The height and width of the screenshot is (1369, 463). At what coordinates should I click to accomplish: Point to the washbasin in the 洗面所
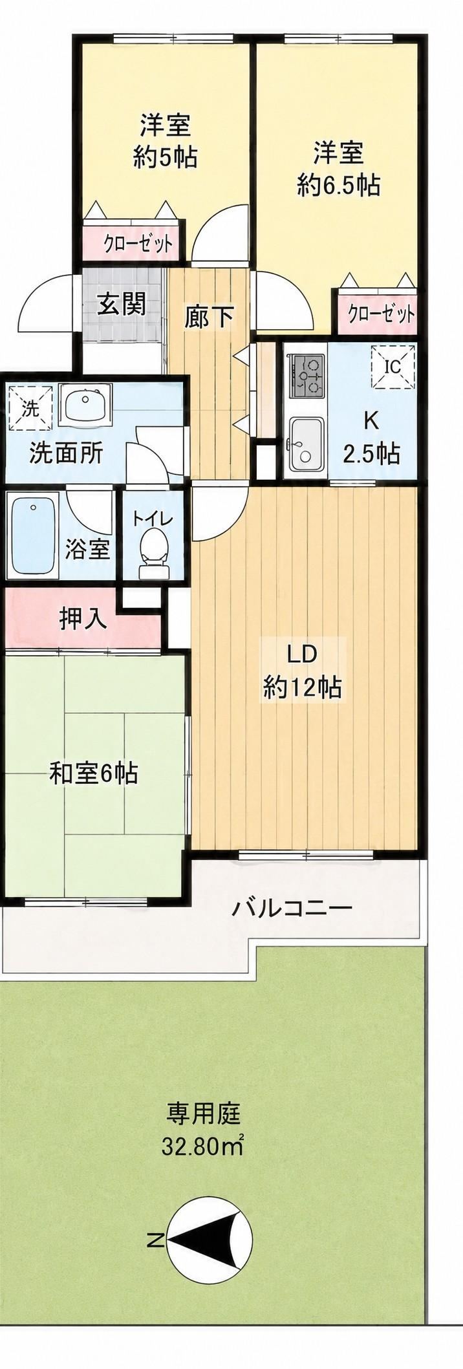coord(86,404)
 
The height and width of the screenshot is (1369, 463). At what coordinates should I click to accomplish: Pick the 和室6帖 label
coord(94,773)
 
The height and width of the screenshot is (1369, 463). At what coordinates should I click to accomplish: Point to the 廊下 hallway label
coord(208,317)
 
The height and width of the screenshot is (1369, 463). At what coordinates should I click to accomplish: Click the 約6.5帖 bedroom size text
coord(338,186)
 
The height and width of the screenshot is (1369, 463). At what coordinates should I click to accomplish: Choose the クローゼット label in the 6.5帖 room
coord(381,314)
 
